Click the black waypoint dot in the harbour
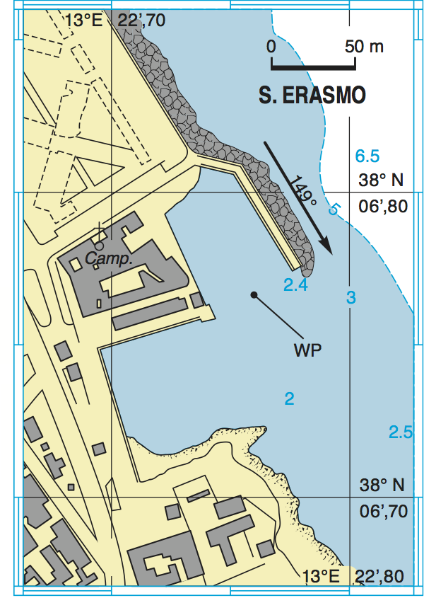[253, 294]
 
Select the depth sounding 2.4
[295, 285]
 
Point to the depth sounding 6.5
[367, 156]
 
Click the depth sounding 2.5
[401, 432]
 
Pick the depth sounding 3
[351, 297]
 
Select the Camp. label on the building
[109, 259]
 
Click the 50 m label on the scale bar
[364, 47]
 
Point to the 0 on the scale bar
[271, 47]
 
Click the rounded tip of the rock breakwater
[307, 268]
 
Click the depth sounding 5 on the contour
[334, 209]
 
